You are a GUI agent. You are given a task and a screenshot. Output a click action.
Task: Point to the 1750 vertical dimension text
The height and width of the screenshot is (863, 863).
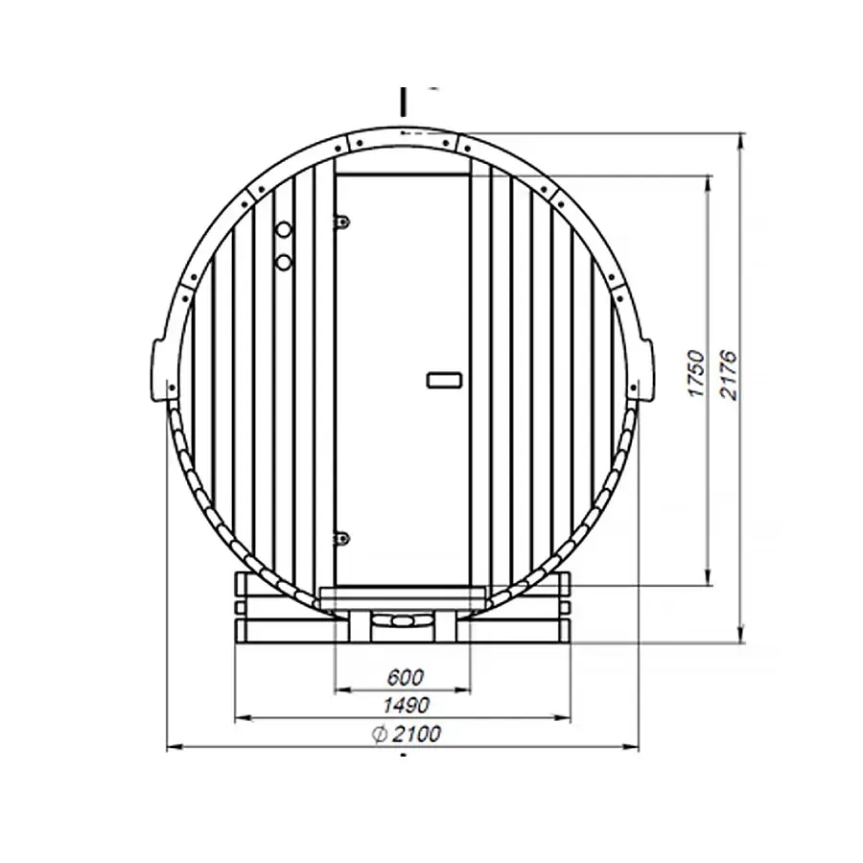(697, 374)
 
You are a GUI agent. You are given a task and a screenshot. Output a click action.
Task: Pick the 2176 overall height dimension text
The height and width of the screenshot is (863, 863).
(729, 374)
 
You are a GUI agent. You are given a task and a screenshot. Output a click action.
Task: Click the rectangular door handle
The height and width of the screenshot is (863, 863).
(443, 380)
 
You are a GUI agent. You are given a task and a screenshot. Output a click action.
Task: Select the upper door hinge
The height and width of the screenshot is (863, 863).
(340, 222)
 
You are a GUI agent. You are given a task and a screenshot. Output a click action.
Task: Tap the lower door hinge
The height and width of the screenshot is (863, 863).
(340, 538)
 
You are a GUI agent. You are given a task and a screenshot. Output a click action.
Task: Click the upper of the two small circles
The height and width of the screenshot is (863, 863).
(284, 231)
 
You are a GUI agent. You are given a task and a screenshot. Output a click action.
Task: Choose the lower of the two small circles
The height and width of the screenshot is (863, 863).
(284, 261)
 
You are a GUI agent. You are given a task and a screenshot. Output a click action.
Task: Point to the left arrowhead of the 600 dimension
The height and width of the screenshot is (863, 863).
(338, 689)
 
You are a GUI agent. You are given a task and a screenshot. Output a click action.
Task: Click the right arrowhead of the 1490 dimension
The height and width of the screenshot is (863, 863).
(567, 717)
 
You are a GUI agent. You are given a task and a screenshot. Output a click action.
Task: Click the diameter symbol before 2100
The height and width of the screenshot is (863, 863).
(377, 735)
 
